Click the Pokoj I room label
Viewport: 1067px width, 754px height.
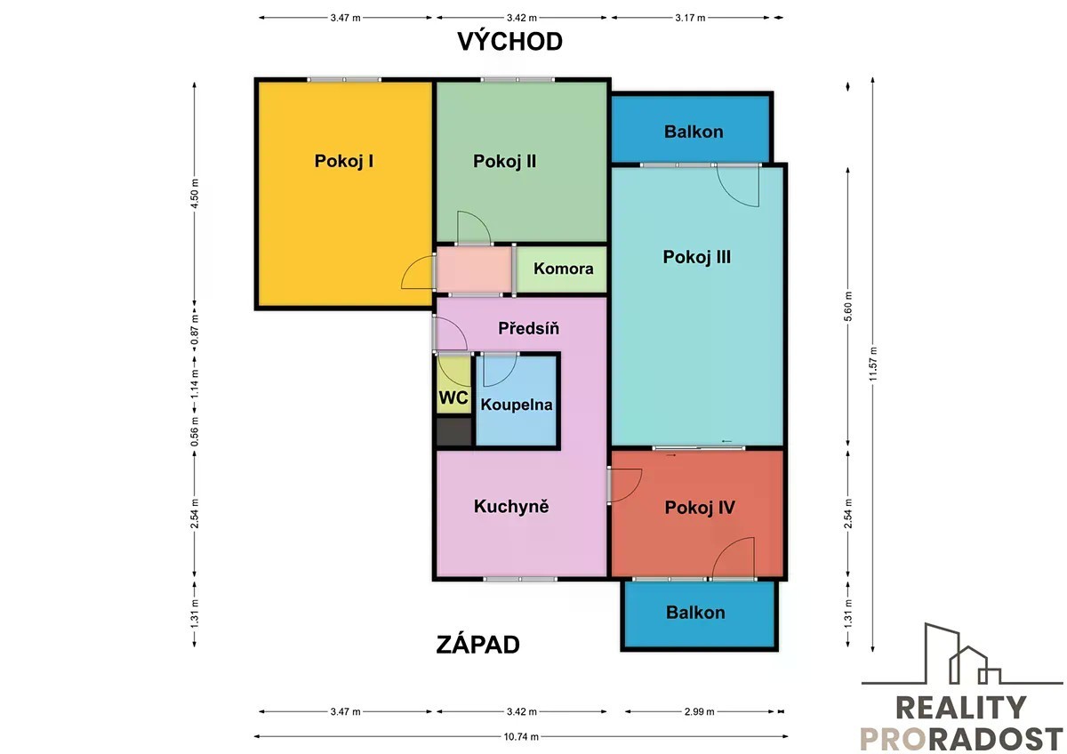(344, 161)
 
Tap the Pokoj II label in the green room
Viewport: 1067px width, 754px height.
(504, 161)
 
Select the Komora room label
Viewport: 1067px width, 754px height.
(564, 269)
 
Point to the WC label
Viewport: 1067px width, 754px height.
(453, 397)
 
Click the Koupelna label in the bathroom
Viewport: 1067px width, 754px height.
(517, 405)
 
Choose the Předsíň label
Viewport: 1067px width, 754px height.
(529, 328)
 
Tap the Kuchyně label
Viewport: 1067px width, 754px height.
(511, 506)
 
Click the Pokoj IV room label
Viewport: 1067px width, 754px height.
(700, 508)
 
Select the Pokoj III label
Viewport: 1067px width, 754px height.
(697, 257)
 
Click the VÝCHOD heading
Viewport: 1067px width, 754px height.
(510, 41)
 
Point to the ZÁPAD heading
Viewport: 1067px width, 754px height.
(477, 645)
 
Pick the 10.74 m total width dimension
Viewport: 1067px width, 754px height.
(521, 737)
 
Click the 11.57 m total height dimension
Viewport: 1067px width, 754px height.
(872, 364)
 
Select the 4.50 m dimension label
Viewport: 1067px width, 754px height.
(195, 193)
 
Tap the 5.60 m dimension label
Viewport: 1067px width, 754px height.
(848, 306)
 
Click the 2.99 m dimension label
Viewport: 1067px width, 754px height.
(699, 711)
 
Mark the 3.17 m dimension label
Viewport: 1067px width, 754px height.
(690, 18)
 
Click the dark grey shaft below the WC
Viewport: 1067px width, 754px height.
(454, 432)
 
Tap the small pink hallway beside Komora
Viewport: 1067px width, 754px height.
(474, 269)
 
